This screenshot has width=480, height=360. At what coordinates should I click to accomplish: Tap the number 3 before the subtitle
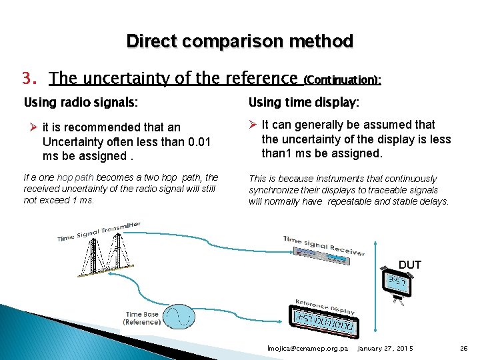(x=27, y=79)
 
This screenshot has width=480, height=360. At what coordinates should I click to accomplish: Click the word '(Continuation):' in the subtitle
(x=342, y=80)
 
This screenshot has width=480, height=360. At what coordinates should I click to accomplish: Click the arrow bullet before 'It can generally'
(x=253, y=125)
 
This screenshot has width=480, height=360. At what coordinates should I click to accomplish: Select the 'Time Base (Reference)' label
(x=143, y=318)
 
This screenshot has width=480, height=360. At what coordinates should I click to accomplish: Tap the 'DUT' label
(x=409, y=265)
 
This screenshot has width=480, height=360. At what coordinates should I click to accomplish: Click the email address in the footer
(x=307, y=349)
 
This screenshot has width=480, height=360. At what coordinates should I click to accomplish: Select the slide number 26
(x=464, y=349)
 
